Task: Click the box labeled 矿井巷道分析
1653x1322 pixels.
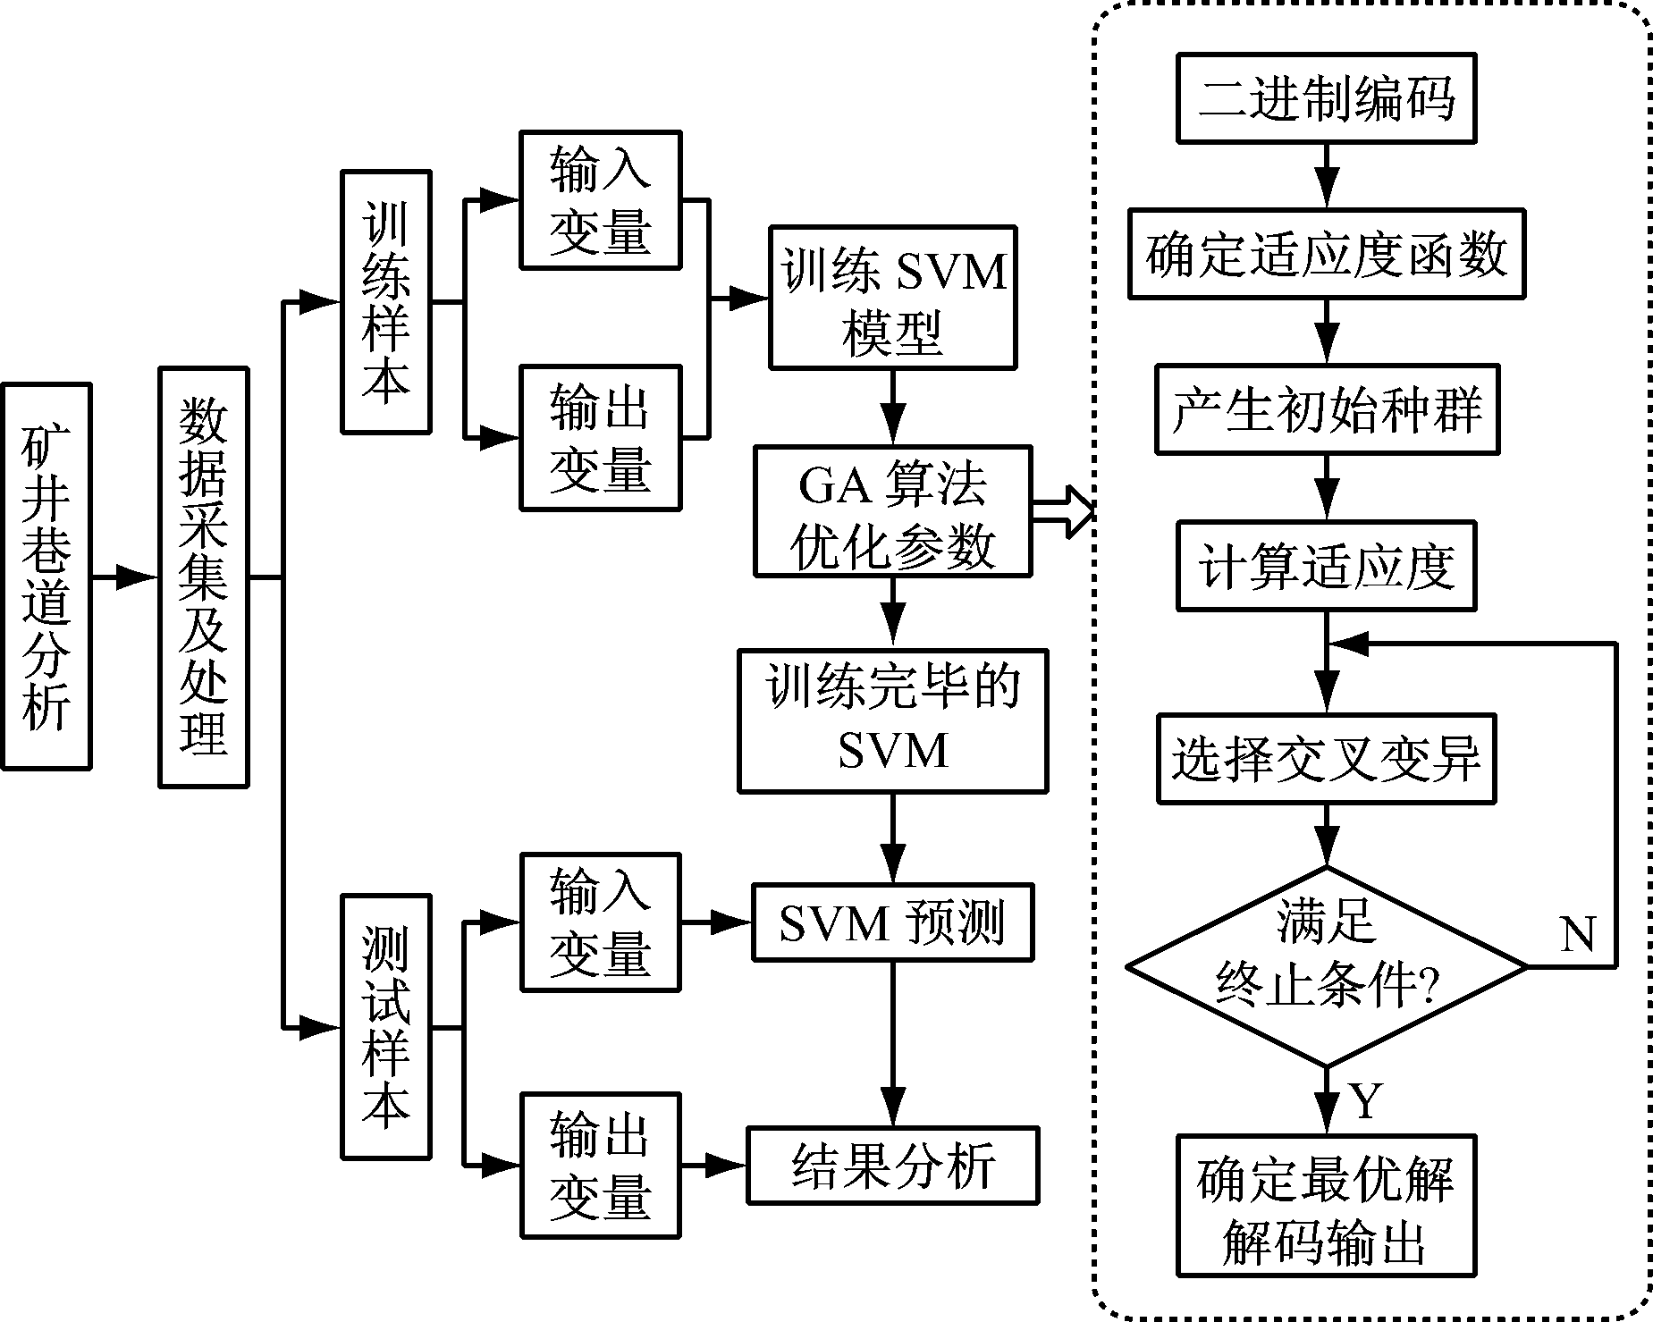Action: click(x=46, y=577)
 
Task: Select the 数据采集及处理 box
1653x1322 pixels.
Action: click(x=203, y=577)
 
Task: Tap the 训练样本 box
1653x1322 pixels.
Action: click(x=385, y=302)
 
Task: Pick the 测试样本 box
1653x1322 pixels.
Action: click(x=385, y=1027)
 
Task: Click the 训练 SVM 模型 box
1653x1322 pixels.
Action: click(x=892, y=298)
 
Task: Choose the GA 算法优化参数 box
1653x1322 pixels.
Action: click(x=892, y=511)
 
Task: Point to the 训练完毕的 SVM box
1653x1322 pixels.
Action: click(x=892, y=720)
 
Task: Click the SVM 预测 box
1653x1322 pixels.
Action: click(x=892, y=922)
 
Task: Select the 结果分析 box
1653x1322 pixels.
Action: click(x=892, y=1166)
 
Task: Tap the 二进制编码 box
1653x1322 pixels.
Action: click(x=1326, y=97)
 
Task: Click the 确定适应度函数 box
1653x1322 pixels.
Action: click(x=1326, y=254)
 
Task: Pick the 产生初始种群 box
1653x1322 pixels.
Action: click(x=1326, y=409)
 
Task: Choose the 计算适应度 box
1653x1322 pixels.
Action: click(x=1326, y=567)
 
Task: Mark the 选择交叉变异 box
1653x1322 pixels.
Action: click(x=1326, y=759)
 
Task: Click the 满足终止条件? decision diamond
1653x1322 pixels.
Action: click(x=1326, y=966)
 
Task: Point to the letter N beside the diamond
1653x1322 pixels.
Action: click(x=1577, y=934)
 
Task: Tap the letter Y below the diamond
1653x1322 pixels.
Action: click(x=1365, y=1101)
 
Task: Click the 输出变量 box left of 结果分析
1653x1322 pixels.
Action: click(x=600, y=1166)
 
